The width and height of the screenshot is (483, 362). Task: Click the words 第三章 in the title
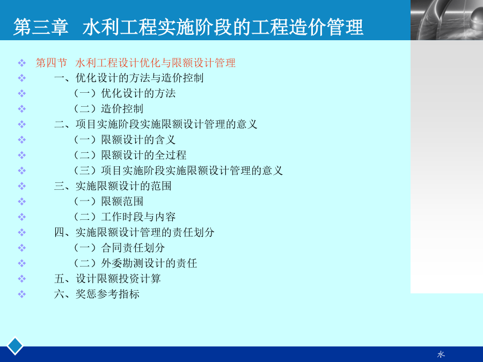tap(41, 27)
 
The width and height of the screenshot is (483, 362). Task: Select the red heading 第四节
tap(51, 63)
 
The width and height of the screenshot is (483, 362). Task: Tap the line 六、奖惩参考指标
tap(97, 294)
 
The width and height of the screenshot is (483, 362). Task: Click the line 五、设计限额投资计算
tap(107, 278)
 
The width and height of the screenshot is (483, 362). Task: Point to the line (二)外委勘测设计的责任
tap(136, 263)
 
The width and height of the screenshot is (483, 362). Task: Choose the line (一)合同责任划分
tap(120, 248)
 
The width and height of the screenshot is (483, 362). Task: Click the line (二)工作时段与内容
tap(125, 217)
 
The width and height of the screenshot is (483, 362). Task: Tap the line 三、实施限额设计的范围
tap(113, 186)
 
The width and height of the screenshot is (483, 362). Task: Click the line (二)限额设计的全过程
tap(130, 155)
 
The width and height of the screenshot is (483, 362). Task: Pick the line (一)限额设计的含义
tap(125, 139)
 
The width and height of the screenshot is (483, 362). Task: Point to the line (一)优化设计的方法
tap(125, 93)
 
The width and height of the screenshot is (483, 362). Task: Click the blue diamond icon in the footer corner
tap(15, 346)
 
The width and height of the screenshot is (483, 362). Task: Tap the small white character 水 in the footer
tap(441, 354)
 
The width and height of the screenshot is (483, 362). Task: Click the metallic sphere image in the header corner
tap(447, 20)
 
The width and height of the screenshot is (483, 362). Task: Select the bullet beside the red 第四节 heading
tap(21, 63)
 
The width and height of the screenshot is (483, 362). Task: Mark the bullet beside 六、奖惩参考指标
tap(21, 294)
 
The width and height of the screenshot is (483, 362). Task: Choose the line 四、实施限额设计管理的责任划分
tap(134, 232)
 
